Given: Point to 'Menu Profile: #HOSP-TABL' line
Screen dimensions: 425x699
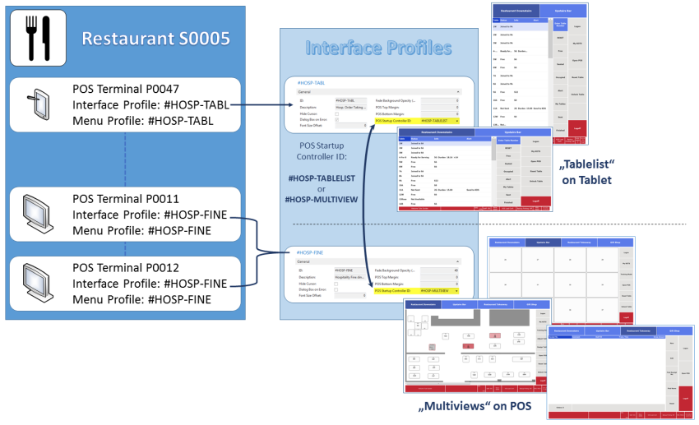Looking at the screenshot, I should pos(143,121).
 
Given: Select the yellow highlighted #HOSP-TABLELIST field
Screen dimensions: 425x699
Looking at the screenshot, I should pos(438,120).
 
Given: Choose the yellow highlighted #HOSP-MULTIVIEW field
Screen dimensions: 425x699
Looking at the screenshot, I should pos(438,290).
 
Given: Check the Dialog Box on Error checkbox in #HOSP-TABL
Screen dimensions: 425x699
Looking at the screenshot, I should pos(337,120).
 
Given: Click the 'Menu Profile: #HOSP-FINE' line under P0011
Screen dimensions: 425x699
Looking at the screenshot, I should pos(141,230).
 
